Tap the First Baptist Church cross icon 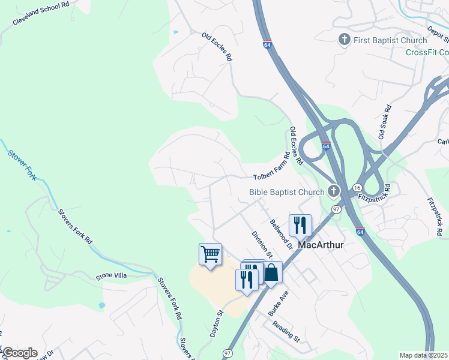point(345,40)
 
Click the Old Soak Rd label point(384,122)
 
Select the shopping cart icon point(210,254)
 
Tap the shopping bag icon point(271,272)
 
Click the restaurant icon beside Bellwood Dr point(300,226)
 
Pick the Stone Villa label point(112,277)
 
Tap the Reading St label point(286,331)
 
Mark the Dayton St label point(217,323)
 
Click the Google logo point(20,353)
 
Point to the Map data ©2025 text point(423,355)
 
